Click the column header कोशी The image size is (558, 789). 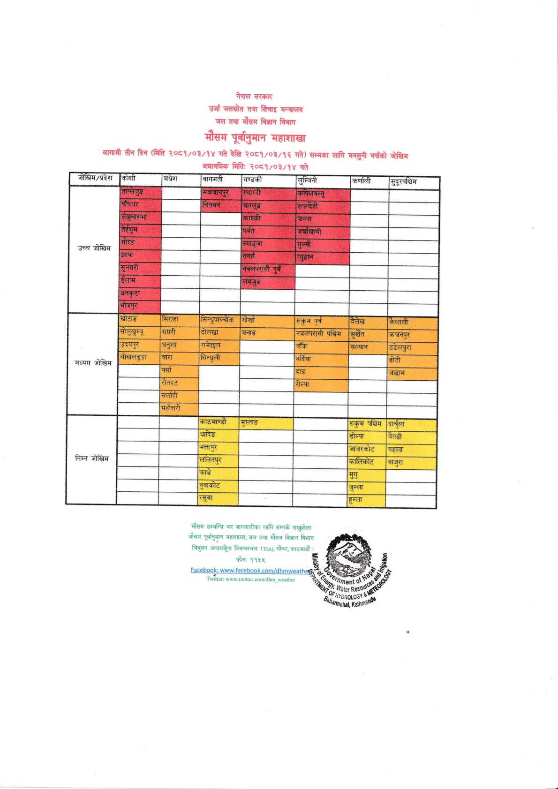(128, 179)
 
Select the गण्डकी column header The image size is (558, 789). (253, 180)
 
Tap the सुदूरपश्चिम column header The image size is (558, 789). (404, 181)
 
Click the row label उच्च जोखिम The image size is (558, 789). (95, 248)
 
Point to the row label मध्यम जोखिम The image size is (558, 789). (93, 362)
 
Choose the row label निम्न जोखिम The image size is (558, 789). (92, 458)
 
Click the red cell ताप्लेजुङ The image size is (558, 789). (133, 191)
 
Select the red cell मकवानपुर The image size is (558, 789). (216, 192)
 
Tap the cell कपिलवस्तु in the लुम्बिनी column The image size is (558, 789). (311, 193)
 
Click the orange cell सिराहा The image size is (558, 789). (170, 319)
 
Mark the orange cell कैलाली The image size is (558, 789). (399, 322)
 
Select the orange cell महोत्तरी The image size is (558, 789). (171, 408)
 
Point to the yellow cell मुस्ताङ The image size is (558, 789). (249, 422)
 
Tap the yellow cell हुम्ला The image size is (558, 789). (356, 500)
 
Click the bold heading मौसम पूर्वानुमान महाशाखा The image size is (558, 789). (255, 138)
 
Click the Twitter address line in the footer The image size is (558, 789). (251, 579)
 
